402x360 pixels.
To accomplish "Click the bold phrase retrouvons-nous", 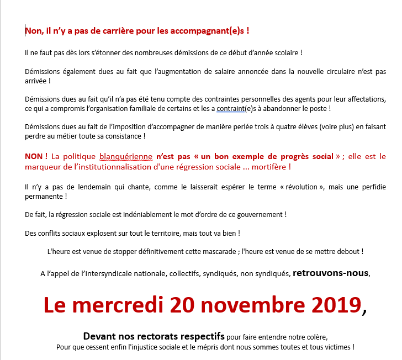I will [x=330, y=273].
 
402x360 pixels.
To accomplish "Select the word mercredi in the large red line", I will [x=118, y=305].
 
